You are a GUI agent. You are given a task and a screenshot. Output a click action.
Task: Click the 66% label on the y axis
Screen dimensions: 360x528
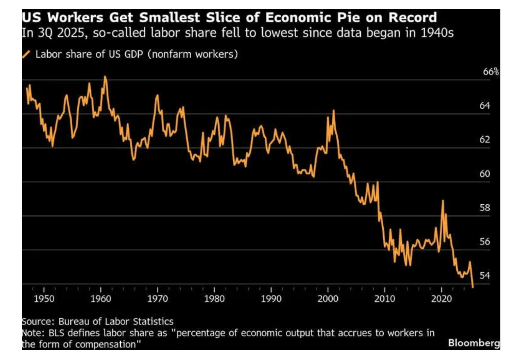490,72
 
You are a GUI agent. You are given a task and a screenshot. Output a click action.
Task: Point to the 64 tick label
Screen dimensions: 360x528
485,105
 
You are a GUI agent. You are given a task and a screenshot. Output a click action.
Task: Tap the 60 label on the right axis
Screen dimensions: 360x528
485,173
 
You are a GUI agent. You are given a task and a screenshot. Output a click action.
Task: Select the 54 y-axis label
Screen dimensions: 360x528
485,275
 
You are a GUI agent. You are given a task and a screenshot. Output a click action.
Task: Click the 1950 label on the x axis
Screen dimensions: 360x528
44,299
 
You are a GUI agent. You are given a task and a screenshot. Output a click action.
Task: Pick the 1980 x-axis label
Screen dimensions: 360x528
214,299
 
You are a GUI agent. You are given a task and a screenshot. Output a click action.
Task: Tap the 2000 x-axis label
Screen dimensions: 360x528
328,299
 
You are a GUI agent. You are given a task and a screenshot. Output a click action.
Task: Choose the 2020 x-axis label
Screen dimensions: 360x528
441,299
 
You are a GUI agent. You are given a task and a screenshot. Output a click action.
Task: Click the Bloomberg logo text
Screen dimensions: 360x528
474,343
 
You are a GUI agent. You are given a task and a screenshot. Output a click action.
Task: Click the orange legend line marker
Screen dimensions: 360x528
26,54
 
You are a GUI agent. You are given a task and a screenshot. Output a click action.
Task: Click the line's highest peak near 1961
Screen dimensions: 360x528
105,77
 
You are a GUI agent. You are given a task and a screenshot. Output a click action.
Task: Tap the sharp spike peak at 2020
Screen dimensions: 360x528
443,201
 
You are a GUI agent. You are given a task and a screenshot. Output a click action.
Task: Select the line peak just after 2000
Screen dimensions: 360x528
334,111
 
